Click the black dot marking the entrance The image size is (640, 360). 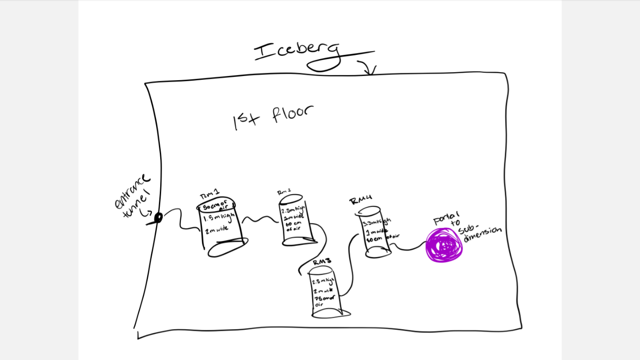(x=158, y=217)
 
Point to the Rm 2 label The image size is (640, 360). (x=284, y=192)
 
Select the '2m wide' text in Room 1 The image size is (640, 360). (x=217, y=230)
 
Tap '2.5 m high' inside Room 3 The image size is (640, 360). (x=323, y=282)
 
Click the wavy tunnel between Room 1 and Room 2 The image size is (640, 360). (x=260, y=219)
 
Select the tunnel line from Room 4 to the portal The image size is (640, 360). (x=409, y=248)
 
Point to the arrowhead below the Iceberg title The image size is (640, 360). (x=370, y=70)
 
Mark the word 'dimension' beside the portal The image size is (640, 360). (x=483, y=235)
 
